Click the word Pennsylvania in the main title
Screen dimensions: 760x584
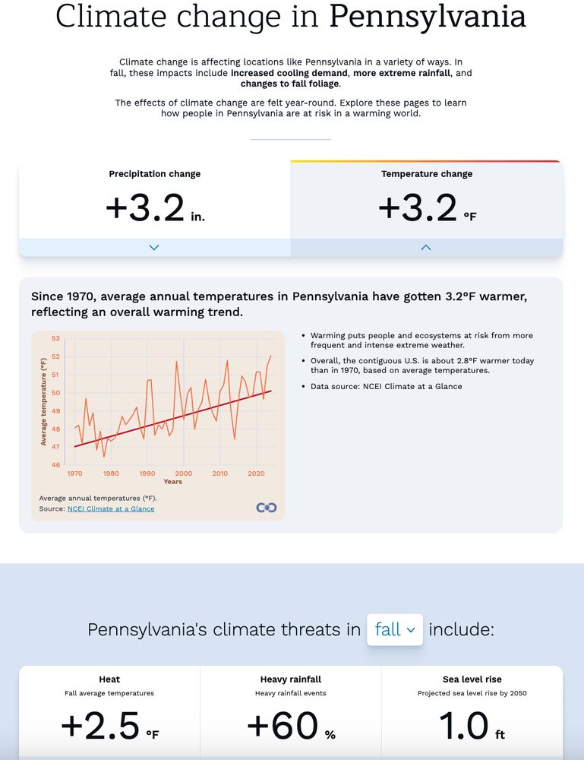pos(426,17)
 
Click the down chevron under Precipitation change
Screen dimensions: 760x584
pos(154,247)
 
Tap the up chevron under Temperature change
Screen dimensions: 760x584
pos(426,247)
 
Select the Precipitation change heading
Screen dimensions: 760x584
pos(154,174)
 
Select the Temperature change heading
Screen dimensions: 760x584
pos(426,174)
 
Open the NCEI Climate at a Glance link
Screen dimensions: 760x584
pos(110,508)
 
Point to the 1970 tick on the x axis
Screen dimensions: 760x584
pos(74,473)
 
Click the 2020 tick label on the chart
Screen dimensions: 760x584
pos(256,473)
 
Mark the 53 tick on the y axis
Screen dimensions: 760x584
pos(55,338)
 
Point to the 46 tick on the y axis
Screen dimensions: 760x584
pos(55,465)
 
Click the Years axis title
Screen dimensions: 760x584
pos(172,481)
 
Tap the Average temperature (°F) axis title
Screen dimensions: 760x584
pos(43,401)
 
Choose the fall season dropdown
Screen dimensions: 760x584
pos(395,629)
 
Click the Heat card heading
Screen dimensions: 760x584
pos(109,679)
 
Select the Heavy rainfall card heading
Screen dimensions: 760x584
pos(291,679)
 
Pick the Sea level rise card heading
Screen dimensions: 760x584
pos(472,679)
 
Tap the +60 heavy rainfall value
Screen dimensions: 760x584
pos(282,726)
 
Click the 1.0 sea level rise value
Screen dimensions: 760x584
pos(463,726)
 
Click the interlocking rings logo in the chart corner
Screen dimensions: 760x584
pos(267,508)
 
